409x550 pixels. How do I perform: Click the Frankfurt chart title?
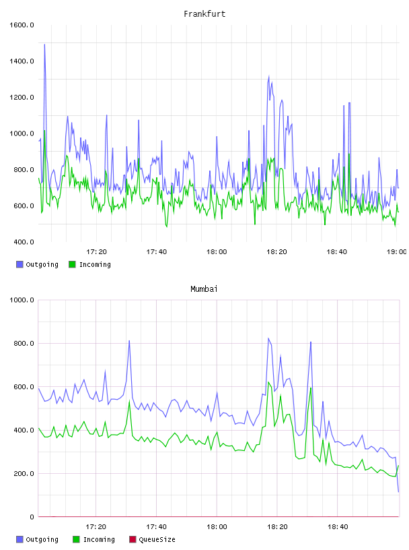click(x=204, y=13)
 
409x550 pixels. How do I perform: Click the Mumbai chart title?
click(x=204, y=288)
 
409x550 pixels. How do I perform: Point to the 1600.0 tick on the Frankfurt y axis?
click(x=22, y=25)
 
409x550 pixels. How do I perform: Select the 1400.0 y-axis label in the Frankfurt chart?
click(x=22, y=61)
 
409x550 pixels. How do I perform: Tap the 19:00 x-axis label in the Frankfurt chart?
click(x=397, y=251)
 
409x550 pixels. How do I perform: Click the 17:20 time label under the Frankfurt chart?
click(x=96, y=251)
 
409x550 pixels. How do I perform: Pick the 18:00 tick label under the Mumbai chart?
click(x=217, y=526)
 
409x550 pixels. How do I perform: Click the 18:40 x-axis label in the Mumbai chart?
click(x=338, y=526)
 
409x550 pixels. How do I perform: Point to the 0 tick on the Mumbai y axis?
click(x=32, y=517)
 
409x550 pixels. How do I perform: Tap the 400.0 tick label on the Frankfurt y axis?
click(x=22, y=242)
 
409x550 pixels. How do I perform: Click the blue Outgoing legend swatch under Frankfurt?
click(x=20, y=264)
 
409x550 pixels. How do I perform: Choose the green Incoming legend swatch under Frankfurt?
click(x=72, y=264)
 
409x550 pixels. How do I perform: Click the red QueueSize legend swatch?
click(x=133, y=539)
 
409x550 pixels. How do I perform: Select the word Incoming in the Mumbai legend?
click(x=99, y=539)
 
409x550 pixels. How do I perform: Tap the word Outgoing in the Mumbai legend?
click(x=42, y=539)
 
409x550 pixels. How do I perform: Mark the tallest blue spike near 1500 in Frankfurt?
click(x=44, y=44)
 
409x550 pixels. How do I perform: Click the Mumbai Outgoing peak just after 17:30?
click(x=129, y=340)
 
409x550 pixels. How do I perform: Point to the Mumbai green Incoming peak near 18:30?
click(x=311, y=388)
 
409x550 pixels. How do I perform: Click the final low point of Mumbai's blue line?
click(x=398, y=491)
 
